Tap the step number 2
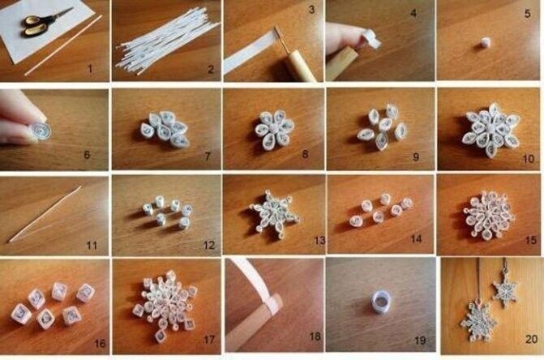[210, 70]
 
